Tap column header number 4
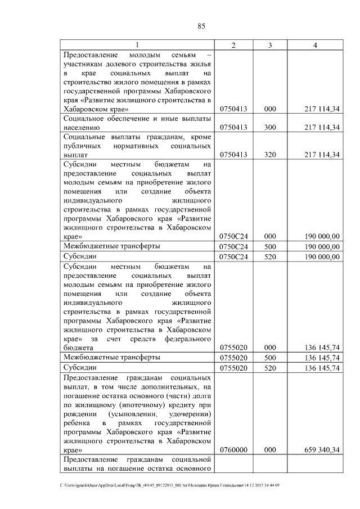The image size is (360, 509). tap(315, 45)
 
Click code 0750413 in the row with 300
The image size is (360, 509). tap(233, 128)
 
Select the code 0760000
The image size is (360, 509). tap(233, 450)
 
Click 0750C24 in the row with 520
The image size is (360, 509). tap(233, 257)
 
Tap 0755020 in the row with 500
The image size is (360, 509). tap(233, 358)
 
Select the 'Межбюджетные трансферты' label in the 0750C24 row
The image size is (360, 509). tap(112, 246)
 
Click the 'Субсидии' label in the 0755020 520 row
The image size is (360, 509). tap(80, 368)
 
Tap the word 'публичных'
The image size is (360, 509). tap(84, 145)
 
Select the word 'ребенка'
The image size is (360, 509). tap(78, 423)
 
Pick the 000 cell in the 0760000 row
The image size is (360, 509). tap(270, 450)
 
